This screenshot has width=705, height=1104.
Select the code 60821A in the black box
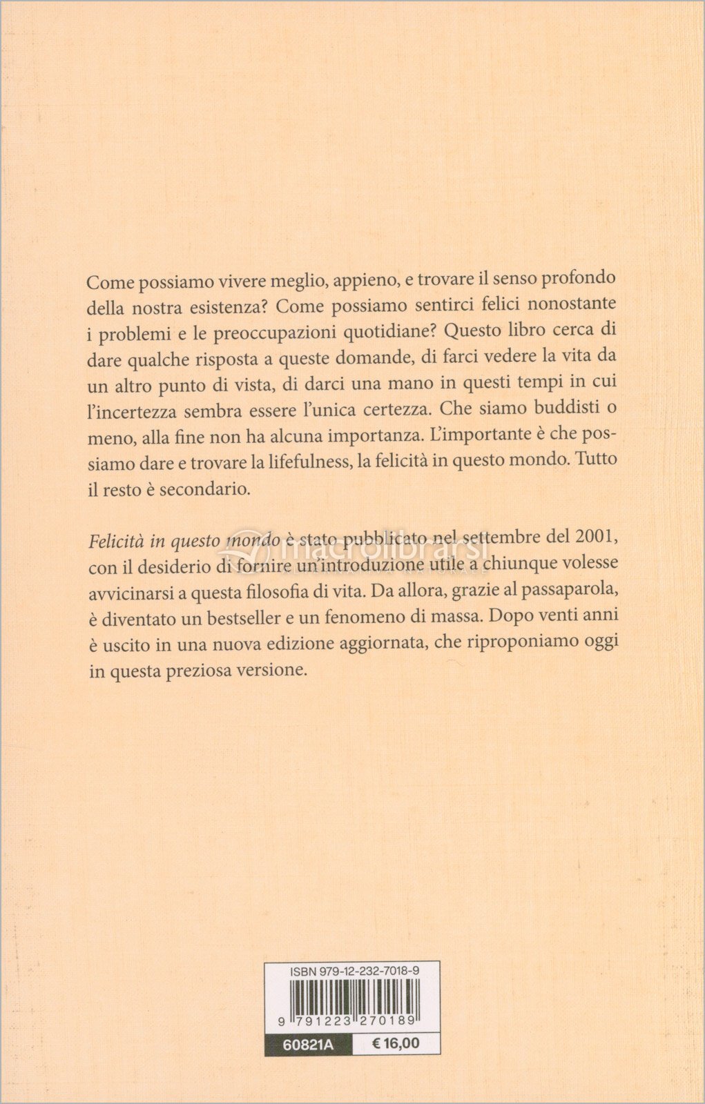[x=308, y=1045]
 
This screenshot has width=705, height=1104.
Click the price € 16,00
[x=395, y=1044]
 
